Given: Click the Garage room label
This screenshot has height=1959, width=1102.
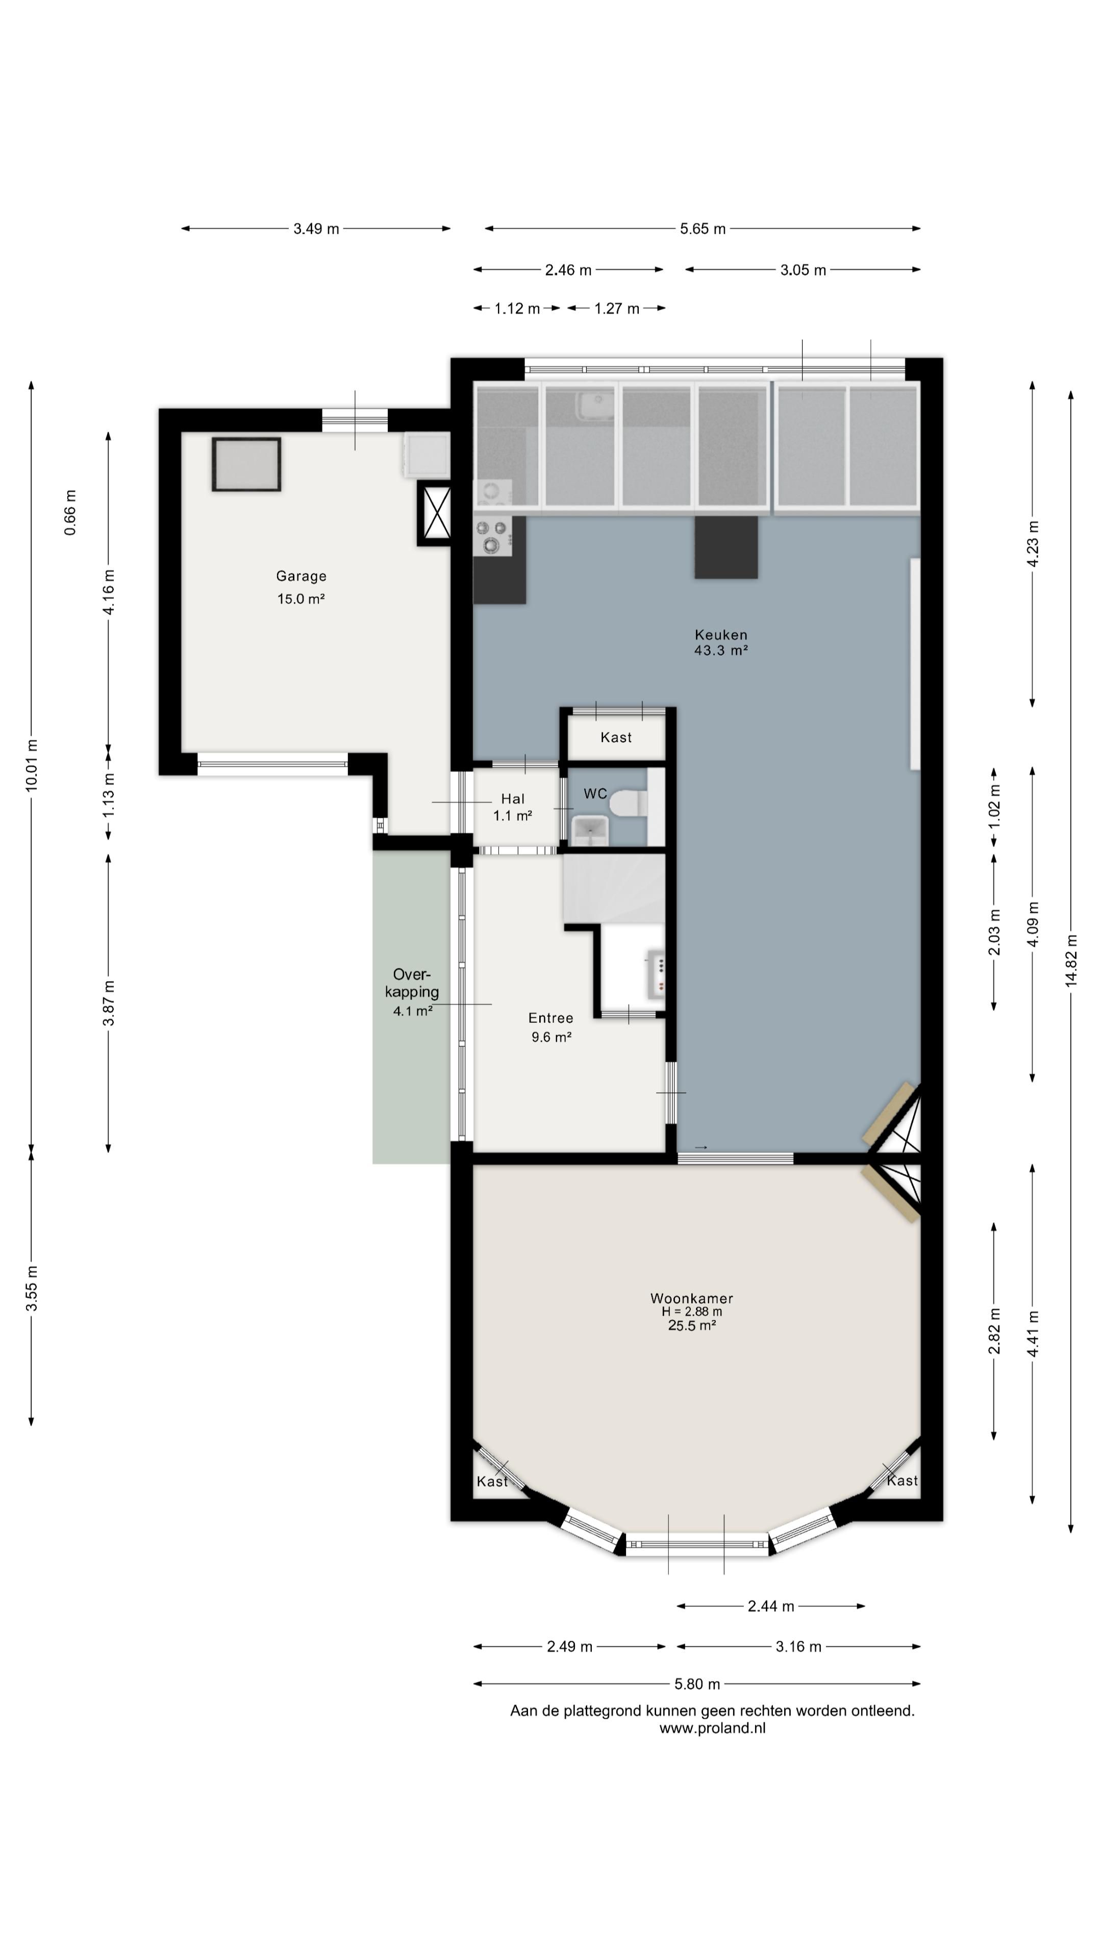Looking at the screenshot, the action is coord(301,576).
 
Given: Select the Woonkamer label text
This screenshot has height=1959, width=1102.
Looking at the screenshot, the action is coord(691,1298).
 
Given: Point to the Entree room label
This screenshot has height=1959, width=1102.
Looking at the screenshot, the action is coord(550,1018).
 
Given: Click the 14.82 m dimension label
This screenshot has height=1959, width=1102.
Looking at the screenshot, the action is coord(1071,960).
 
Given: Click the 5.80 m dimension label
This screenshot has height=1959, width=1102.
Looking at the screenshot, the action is coord(696,1684).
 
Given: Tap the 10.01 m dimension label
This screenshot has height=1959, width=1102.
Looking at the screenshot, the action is coord(31,765).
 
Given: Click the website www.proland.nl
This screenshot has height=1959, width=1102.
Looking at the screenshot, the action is coord(712,1728).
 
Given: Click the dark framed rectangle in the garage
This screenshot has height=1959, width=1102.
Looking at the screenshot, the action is coord(246,464).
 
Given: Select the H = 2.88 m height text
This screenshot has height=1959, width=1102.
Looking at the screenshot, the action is coord(691,1312).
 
